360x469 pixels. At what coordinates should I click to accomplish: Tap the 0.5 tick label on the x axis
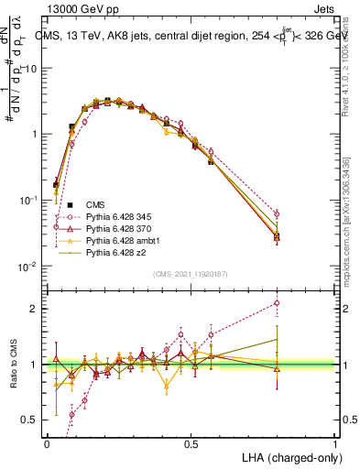[x=191, y=443]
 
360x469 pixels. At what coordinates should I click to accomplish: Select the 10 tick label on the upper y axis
[x=30, y=68]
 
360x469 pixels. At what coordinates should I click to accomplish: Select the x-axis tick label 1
[x=334, y=443]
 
